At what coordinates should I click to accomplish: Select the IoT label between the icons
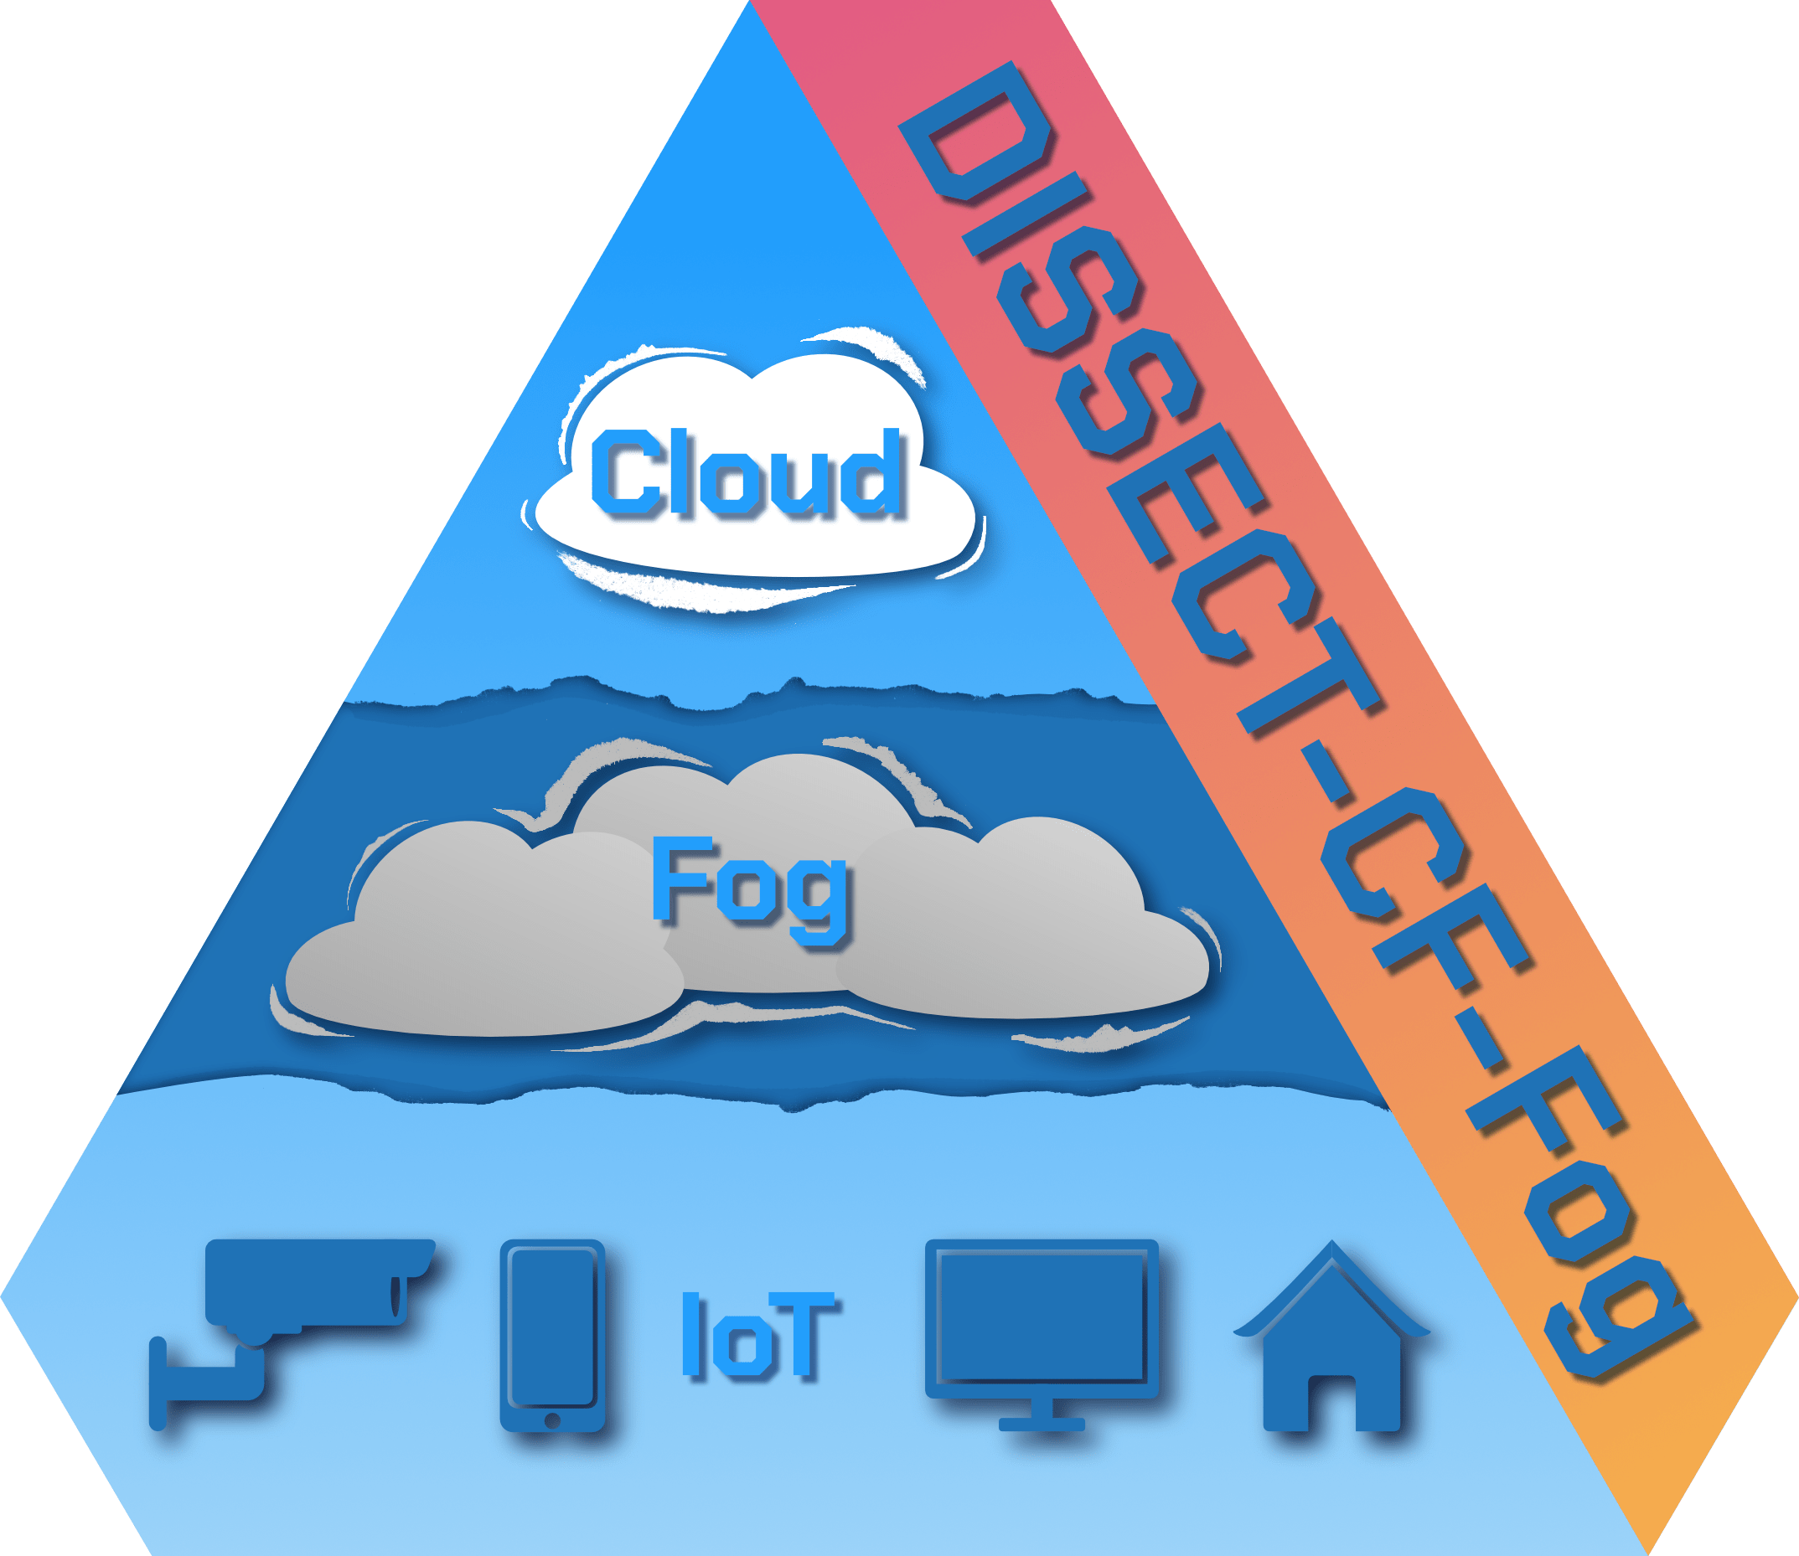pos(758,1334)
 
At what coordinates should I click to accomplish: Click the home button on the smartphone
pos(551,1419)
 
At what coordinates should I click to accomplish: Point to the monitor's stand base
pos(1042,1424)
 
